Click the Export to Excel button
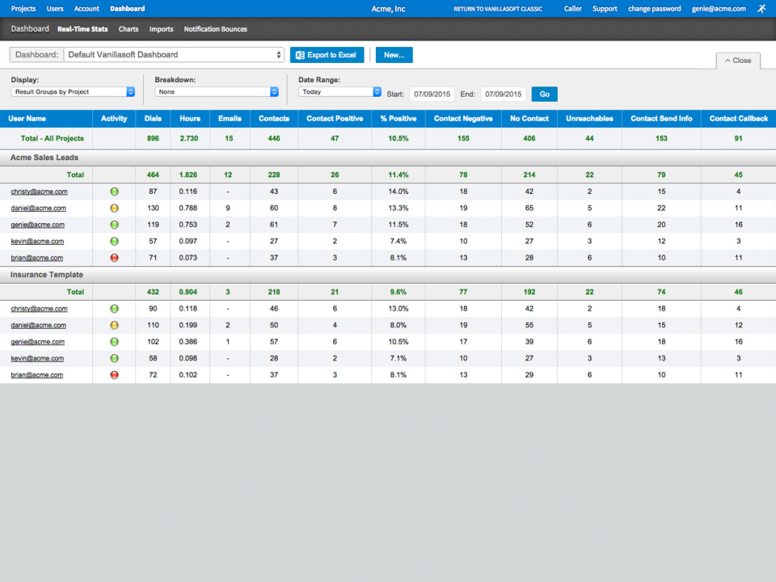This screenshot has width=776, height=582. tap(327, 55)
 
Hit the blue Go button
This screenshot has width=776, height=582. tap(544, 94)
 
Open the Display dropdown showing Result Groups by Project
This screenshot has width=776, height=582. tap(73, 92)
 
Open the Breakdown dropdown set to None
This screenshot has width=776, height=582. tap(217, 92)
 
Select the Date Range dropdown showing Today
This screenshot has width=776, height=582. tap(339, 92)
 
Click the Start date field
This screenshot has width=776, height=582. tap(432, 94)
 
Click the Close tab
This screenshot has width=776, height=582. tap(737, 61)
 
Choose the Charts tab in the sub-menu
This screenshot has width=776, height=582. tap(129, 29)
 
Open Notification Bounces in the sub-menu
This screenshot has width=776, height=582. tap(215, 29)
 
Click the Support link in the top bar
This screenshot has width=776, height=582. tap(605, 9)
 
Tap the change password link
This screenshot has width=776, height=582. tap(654, 9)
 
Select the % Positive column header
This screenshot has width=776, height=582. tap(399, 119)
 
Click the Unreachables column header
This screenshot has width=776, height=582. tap(589, 119)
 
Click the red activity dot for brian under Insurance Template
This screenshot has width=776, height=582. tap(114, 374)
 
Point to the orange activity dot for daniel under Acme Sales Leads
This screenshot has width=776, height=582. tap(114, 208)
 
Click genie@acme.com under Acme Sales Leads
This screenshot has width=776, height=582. tap(38, 225)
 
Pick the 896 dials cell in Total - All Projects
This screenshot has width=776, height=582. tap(153, 138)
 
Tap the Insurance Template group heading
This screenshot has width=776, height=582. tap(47, 275)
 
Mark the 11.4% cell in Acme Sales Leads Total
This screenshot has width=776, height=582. tap(399, 175)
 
